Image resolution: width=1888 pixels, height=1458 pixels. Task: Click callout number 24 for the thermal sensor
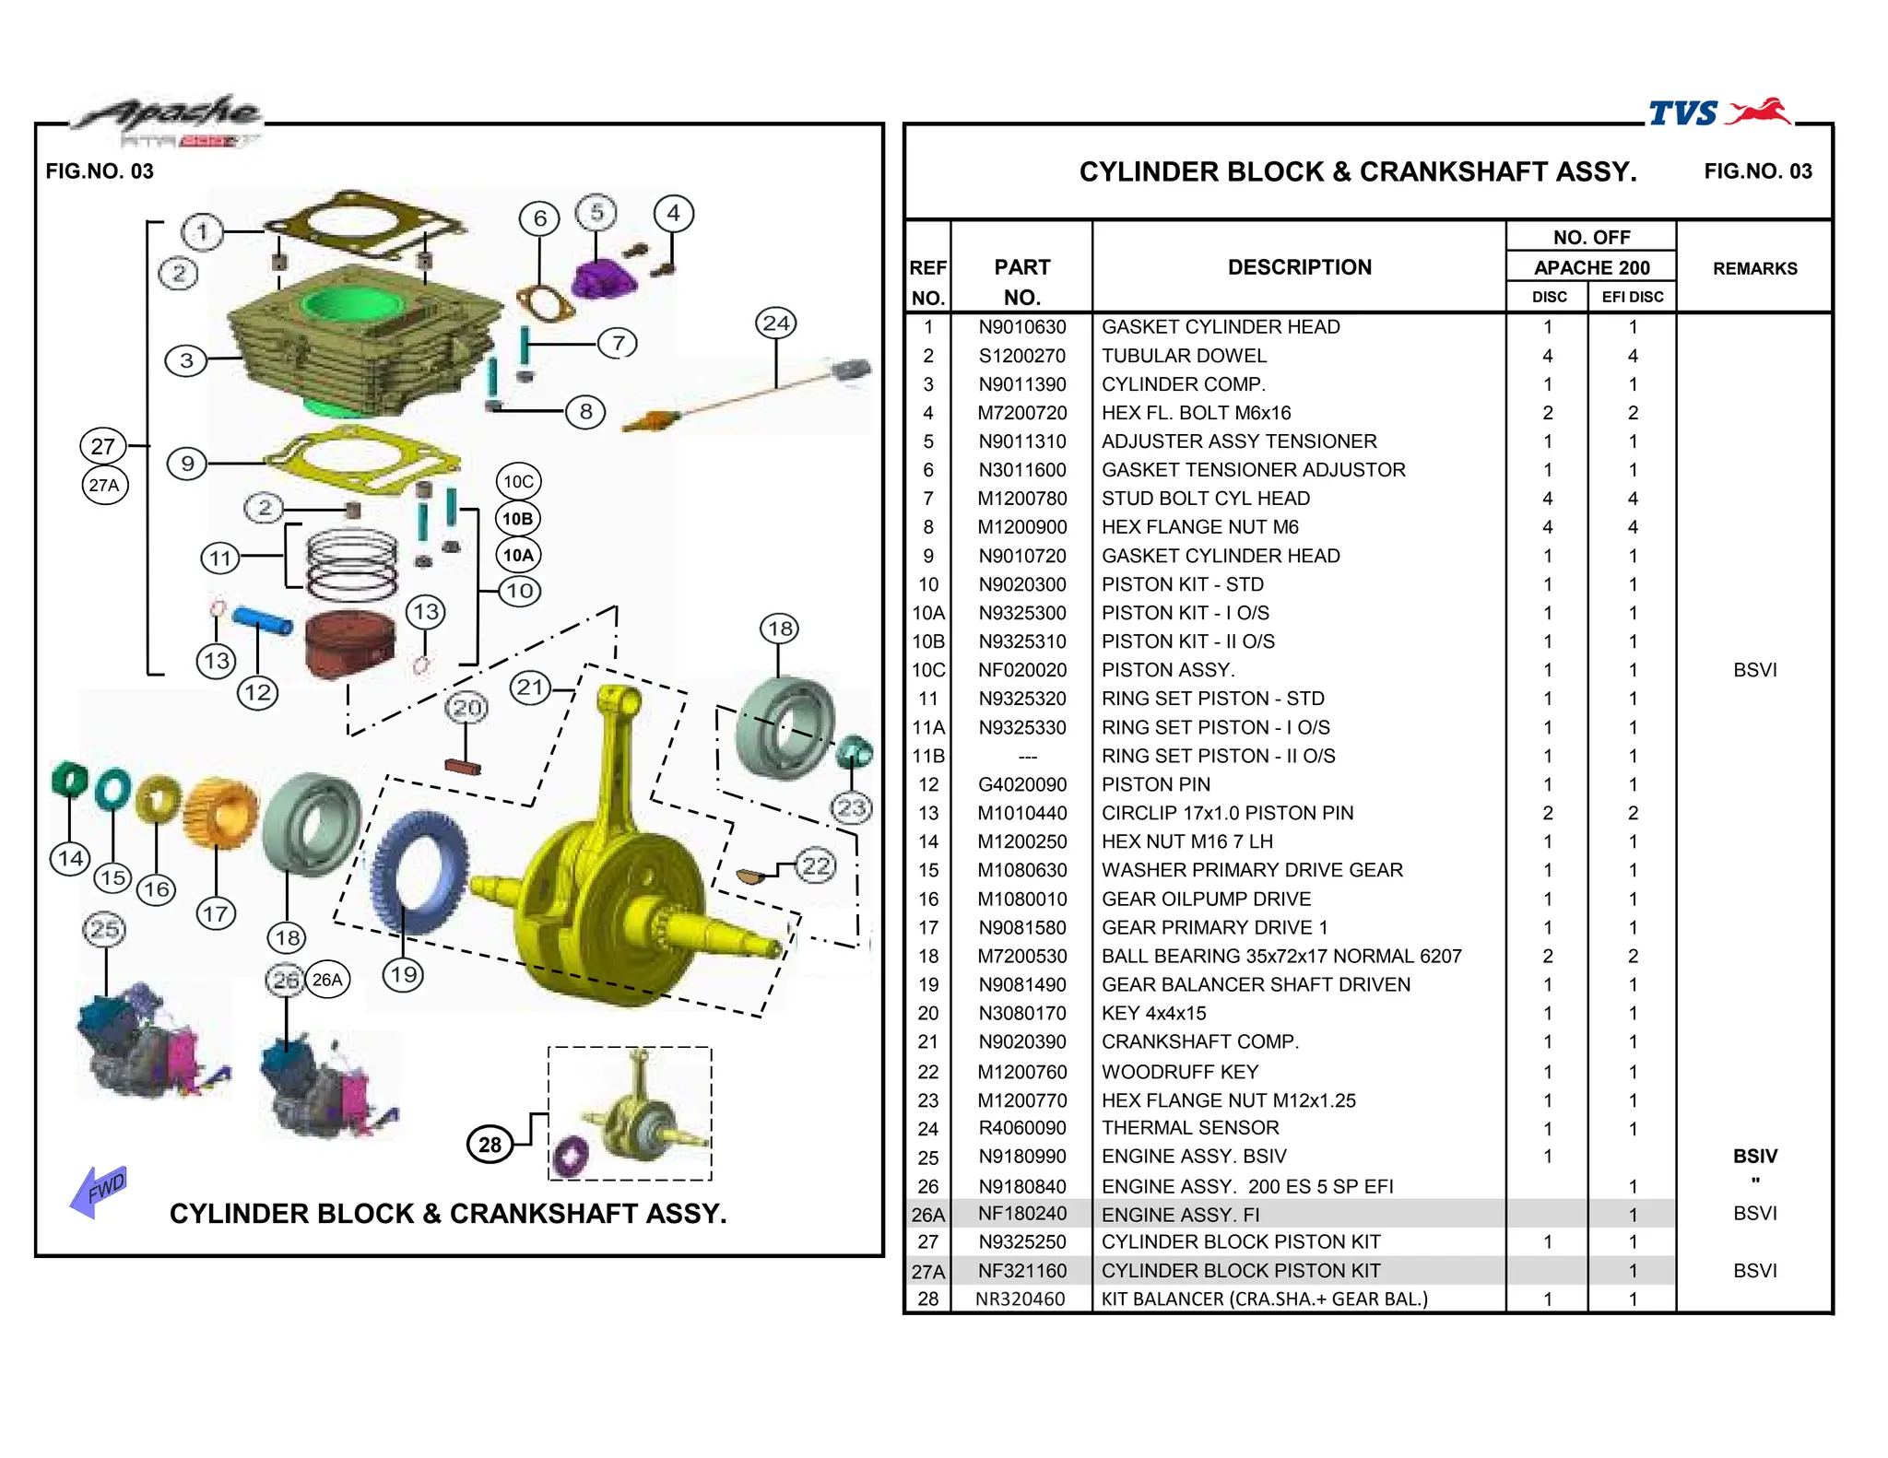click(x=776, y=323)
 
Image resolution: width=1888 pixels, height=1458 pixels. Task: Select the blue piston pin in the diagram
click(x=263, y=619)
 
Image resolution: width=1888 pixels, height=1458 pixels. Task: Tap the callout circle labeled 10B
click(x=518, y=519)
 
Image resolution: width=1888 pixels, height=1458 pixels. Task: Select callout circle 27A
click(x=104, y=486)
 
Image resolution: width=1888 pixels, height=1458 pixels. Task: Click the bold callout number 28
click(x=490, y=1145)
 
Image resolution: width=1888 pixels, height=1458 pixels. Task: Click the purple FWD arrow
click(x=97, y=1191)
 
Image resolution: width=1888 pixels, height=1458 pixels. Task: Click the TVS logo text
click(x=1682, y=113)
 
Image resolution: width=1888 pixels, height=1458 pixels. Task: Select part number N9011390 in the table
click(x=1021, y=384)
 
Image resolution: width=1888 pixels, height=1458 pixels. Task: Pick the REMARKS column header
click(x=1754, y=268)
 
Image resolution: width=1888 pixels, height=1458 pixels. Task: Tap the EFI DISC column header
click(x=1632, y=297)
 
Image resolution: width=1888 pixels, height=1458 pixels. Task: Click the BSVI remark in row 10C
click(x=1754, y=670)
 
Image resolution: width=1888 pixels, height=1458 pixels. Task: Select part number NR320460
click(x=1020, y=1299)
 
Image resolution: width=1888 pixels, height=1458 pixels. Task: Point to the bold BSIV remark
click(x=1754, y=1157)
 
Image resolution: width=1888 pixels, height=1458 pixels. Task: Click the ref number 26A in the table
click(x=927, y=1215)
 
